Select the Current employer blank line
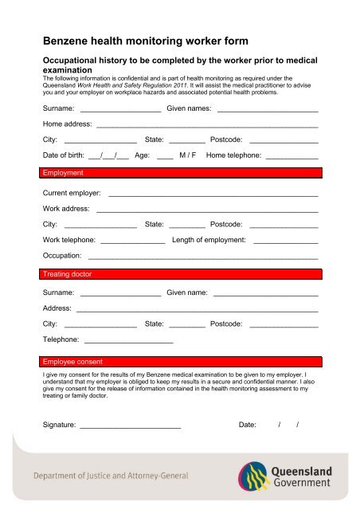pyautogui.click(x=213, y=195)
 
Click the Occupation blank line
pyautogui.click(x=203, y=258)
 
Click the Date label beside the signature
pyautogui.click(x=247, y=425)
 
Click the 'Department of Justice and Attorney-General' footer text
pyautogui.click(x=111, y=476)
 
